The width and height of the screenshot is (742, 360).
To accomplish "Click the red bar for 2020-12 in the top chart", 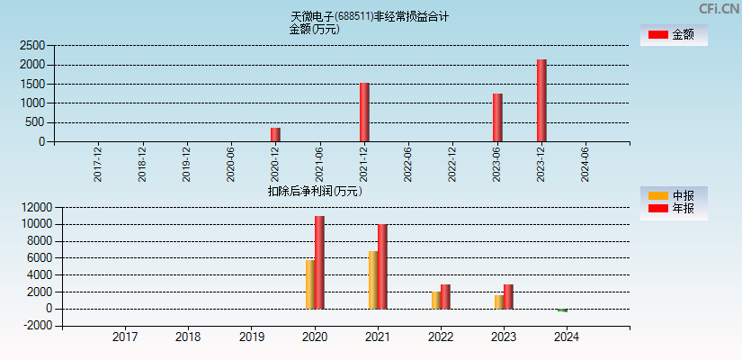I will point(275,135).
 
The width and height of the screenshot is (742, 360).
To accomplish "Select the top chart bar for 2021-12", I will point(364,112).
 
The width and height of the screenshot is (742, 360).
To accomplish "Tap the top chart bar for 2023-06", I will point(497,118).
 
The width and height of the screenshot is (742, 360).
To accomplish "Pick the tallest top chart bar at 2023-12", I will point(541,101).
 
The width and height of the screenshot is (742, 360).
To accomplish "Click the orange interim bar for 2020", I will point(310,284).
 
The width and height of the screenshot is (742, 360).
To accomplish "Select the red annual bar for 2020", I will point(319,263).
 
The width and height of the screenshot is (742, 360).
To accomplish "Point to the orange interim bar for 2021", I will point(373,280).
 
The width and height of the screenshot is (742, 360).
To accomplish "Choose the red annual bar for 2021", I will point(382,266).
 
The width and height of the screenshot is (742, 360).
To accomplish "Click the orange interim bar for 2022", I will point(436,300).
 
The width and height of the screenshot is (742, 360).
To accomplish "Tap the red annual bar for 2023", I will point(508,297).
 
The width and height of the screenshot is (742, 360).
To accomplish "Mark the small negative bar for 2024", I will point(562,310).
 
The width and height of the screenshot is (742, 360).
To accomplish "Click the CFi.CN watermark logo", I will point(719,8).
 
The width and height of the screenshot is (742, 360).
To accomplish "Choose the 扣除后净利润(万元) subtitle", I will point(315,191).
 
